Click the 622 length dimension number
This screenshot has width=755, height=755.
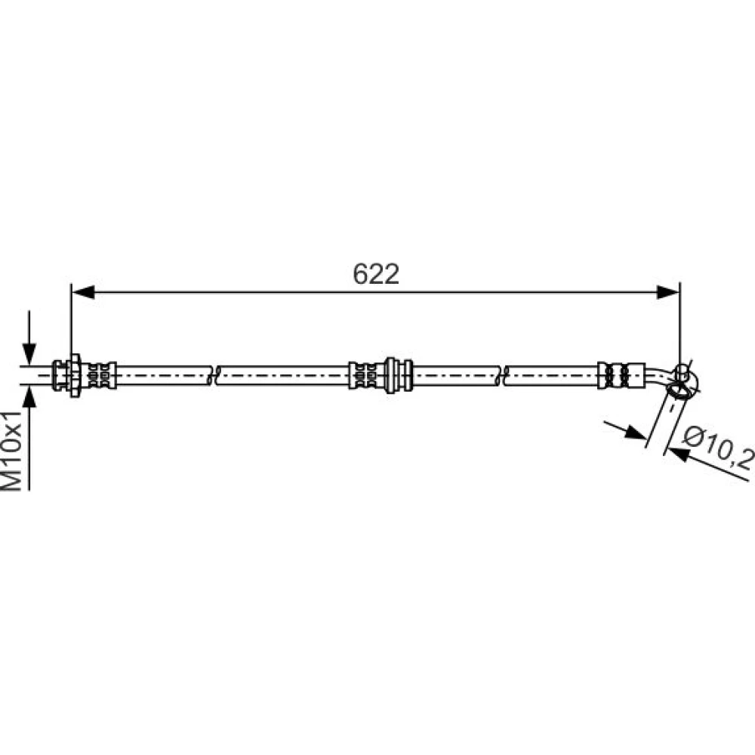(376, 274)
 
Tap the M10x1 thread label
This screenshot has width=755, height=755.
(12, 451)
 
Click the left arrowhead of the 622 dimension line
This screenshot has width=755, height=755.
(83, 291)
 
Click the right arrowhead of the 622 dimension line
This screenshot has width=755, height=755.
(668, 291)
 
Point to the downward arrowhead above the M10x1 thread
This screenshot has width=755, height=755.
(29, 354)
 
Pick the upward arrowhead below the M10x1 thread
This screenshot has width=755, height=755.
(29, 397)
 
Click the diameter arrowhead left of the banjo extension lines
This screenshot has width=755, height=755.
(636, 433)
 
